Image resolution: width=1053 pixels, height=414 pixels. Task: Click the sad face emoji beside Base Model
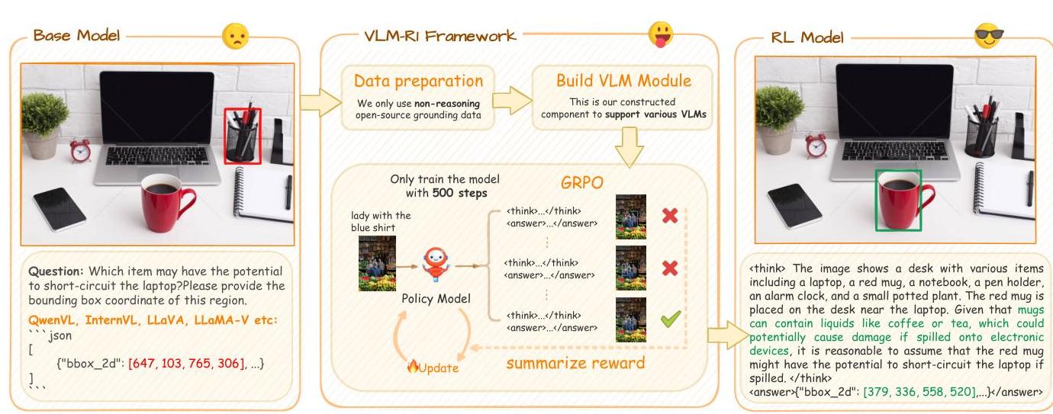click(x=235, y=37)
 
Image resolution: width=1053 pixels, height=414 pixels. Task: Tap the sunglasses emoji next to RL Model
click(x=990, y=36)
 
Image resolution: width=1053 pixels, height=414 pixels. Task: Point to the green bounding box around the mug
click(x=899, y=200)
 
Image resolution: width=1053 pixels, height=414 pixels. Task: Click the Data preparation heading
click(x=417, y=81)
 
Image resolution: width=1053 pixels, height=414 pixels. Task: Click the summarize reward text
click(x=575, y=362)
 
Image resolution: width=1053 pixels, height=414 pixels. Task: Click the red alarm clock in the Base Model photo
click(x=80, y=149)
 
